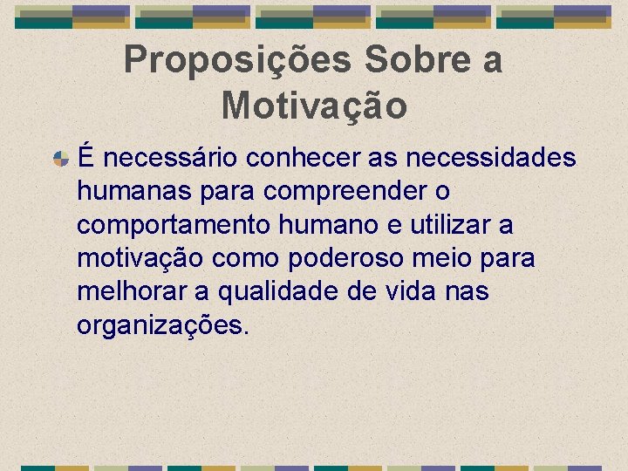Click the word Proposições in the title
click(237, 60)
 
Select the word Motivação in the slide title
click(314, 106)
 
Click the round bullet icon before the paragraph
click(61, 159)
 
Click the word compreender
click(338, 191)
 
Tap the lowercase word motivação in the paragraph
click(140, 258)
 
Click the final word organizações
click(163, 325)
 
